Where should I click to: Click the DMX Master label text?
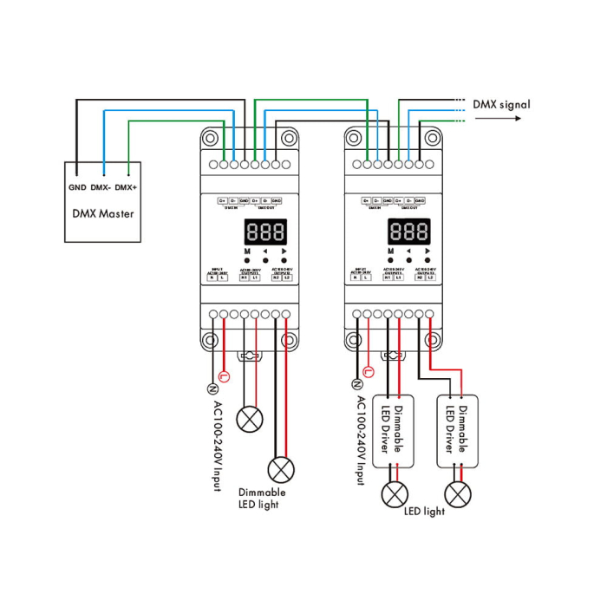pos(102,212)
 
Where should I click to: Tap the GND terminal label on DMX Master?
pos(76,187)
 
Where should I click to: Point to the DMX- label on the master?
pos(101,187)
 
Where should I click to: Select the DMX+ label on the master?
pos(127,187)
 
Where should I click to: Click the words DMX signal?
pos(501,104)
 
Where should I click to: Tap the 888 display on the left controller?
pos(265,232)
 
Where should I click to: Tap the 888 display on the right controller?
pos(409,232)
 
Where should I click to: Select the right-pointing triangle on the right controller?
pos(427,251)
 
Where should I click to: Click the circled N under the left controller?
pos(211,388)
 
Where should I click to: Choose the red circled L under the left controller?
pos(225,376)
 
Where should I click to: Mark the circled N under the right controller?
pos(356,383)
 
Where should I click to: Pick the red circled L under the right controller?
pos(369,371)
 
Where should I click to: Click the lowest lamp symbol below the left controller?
pos(281,470)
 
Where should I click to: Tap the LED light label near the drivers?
pos(424,511)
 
